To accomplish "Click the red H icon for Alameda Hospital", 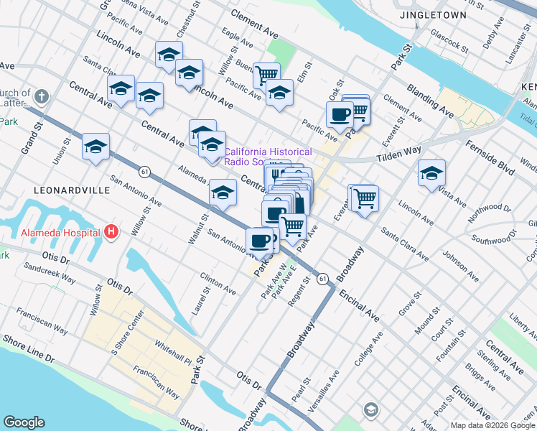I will (111, 232).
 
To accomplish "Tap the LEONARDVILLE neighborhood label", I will (73, 190).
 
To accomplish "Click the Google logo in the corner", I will (24, 422).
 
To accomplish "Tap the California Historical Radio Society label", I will (268, 157).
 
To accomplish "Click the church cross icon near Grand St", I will (42, 96).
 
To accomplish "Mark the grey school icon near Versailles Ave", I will (370, 409).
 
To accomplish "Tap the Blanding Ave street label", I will (430, 101).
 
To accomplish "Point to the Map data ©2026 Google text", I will (488, 425).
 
